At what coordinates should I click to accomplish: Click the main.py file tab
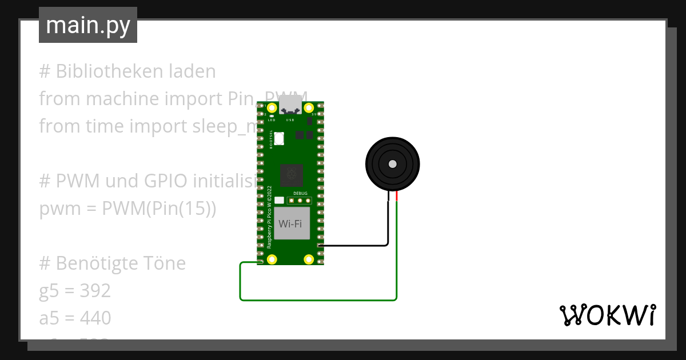coord(88,25)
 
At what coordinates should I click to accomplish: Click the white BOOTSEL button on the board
coord(279,138)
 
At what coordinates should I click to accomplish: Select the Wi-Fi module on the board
coord(290,223)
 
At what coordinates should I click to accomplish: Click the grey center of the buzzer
coord(392,164)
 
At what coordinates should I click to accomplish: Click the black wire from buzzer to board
coord(354,246)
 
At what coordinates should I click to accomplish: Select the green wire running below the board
coord(318,299)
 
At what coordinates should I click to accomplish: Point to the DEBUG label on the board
coord(300,194)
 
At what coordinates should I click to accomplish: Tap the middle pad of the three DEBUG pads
coord(300,201)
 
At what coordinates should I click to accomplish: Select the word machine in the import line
coord(121,99)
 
